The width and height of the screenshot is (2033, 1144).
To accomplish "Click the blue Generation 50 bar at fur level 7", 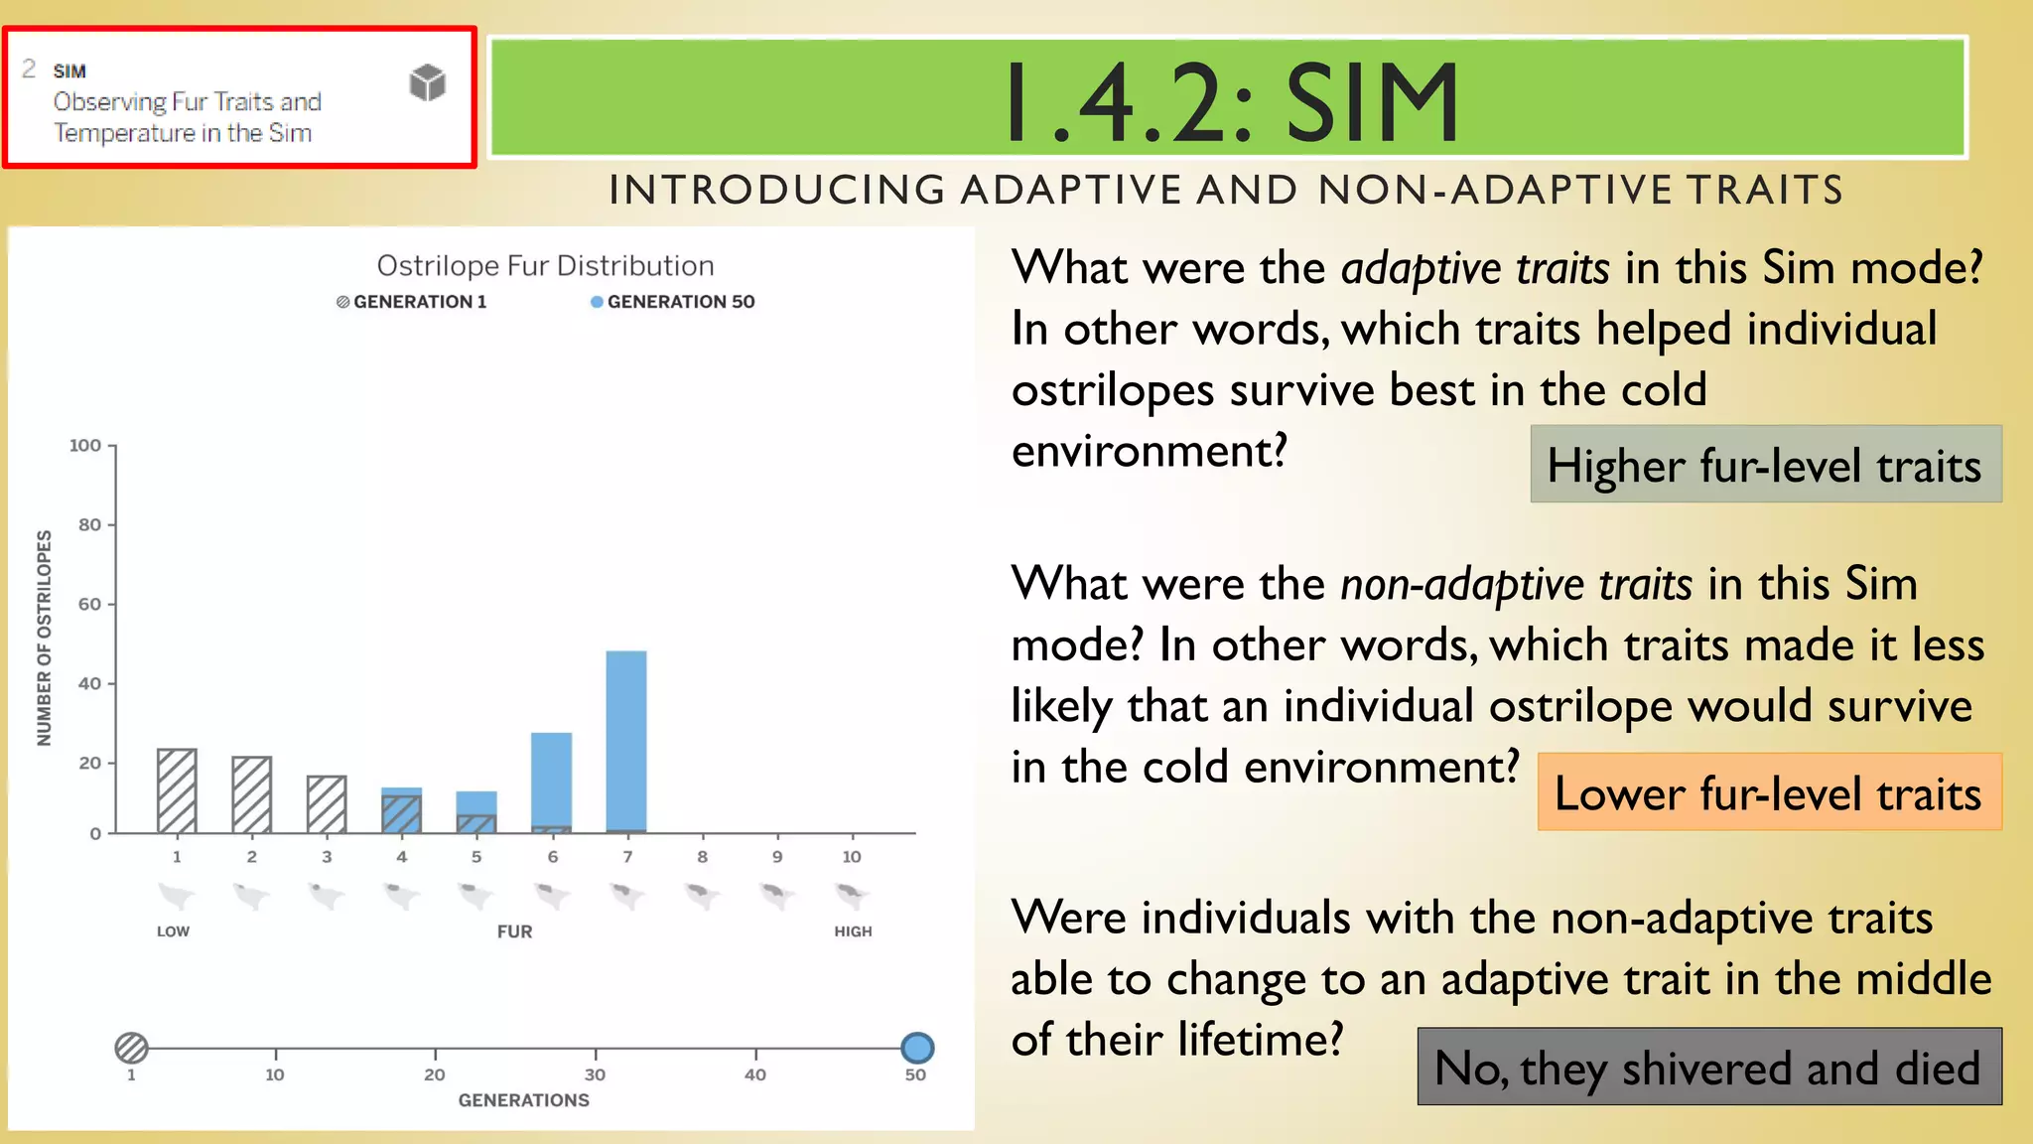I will tap(626, 741).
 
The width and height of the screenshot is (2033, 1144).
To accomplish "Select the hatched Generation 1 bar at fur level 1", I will tap(177, 790).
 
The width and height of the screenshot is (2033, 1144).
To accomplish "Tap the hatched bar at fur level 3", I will tap(327, 804).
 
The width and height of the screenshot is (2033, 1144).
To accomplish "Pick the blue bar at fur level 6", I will tap(552, 780).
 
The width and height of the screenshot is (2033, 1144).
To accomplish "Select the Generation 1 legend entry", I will tap(412, 302).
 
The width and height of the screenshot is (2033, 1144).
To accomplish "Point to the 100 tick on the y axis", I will tap(86, 446).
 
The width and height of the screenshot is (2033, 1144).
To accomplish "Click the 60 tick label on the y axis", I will tap(89, 604).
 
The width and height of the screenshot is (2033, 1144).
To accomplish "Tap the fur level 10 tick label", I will tap(852, 857).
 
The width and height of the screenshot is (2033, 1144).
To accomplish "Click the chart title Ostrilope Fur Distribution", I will tap(545, 266).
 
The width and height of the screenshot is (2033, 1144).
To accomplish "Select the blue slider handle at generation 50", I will tap(917, 1048).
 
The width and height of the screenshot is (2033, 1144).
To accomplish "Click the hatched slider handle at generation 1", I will tap(131, 1048).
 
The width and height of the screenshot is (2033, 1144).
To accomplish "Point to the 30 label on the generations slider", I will tap(595, 1074).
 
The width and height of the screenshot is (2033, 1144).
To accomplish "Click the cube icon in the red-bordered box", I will tap(428, 82).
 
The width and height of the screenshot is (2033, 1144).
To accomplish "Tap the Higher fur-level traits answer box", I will tap(1765, 465).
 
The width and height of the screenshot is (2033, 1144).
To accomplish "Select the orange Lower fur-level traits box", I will tap(1768, 792).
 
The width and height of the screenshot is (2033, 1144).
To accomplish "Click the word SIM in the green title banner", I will tap(1372, 102).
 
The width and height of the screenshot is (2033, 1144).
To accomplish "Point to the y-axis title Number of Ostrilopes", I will tap(45, 638).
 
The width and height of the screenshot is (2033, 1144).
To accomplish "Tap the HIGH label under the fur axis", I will tap(853, 931).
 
